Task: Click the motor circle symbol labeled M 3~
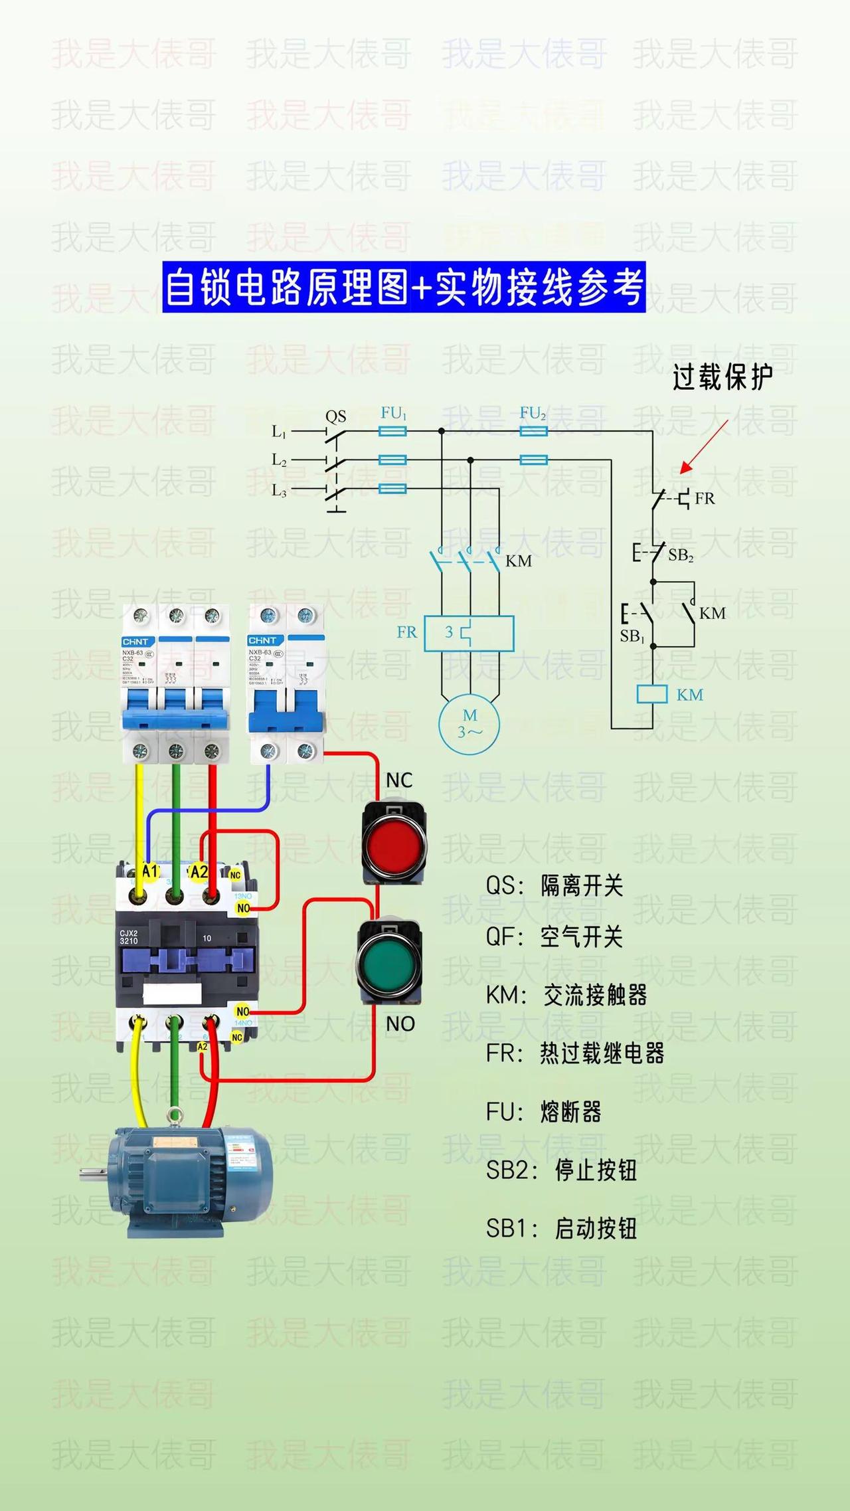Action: click(469, 724)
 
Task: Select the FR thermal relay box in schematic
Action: click(469, 633)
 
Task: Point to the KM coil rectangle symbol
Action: click(651, 694)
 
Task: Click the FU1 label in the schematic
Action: click(393, 413)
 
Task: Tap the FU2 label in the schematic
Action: click(533, 413)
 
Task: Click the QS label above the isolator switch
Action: click(335, 416)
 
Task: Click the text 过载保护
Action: click(722, 377)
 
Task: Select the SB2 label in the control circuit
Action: click(681, 555)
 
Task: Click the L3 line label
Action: click(279, 491)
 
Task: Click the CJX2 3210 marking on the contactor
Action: click(129, 936)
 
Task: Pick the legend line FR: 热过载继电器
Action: click(575, 1053)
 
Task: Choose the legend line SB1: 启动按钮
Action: click(561, 1229)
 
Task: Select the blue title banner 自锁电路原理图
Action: click(404, 287)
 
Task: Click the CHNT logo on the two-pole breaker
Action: click(262, 640)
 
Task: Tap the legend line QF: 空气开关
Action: click(554, 937)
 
